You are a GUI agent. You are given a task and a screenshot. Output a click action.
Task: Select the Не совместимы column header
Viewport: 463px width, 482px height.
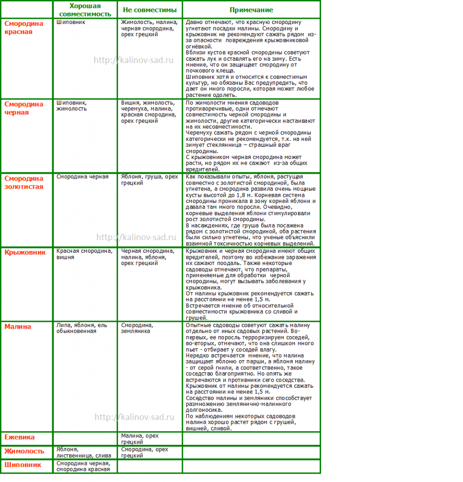(149, 10)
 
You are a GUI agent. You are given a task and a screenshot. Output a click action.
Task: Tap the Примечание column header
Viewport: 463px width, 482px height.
(251, 10)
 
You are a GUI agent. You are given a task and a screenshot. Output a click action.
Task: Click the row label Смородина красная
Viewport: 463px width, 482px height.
(24, 27)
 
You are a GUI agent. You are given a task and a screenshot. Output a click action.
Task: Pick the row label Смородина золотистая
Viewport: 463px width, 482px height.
(24, 182)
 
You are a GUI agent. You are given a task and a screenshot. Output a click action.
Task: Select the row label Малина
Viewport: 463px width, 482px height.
(18, 327)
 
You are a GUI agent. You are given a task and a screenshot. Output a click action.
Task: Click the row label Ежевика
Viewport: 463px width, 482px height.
(20, 437)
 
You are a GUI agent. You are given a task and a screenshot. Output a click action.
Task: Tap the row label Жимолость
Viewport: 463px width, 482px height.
(24, 451)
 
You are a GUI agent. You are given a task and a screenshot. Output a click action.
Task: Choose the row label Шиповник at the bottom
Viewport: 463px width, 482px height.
(23, 465)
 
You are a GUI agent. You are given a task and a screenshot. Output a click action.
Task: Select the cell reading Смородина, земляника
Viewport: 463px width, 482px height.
(137, 328)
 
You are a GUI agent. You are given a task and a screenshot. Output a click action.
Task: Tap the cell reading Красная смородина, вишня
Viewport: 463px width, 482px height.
(85, 254)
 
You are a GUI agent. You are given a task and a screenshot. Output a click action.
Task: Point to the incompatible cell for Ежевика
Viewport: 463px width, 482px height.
(140, 439)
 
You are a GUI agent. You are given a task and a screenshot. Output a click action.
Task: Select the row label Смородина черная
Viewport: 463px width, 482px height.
(24, 108)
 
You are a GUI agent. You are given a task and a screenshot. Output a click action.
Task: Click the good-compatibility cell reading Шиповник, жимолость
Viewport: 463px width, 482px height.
(71, 105)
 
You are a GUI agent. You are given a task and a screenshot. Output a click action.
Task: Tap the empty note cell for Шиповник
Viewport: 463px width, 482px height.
(251, 466)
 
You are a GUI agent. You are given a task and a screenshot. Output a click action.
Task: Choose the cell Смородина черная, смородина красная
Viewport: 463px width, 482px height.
(83, 466)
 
